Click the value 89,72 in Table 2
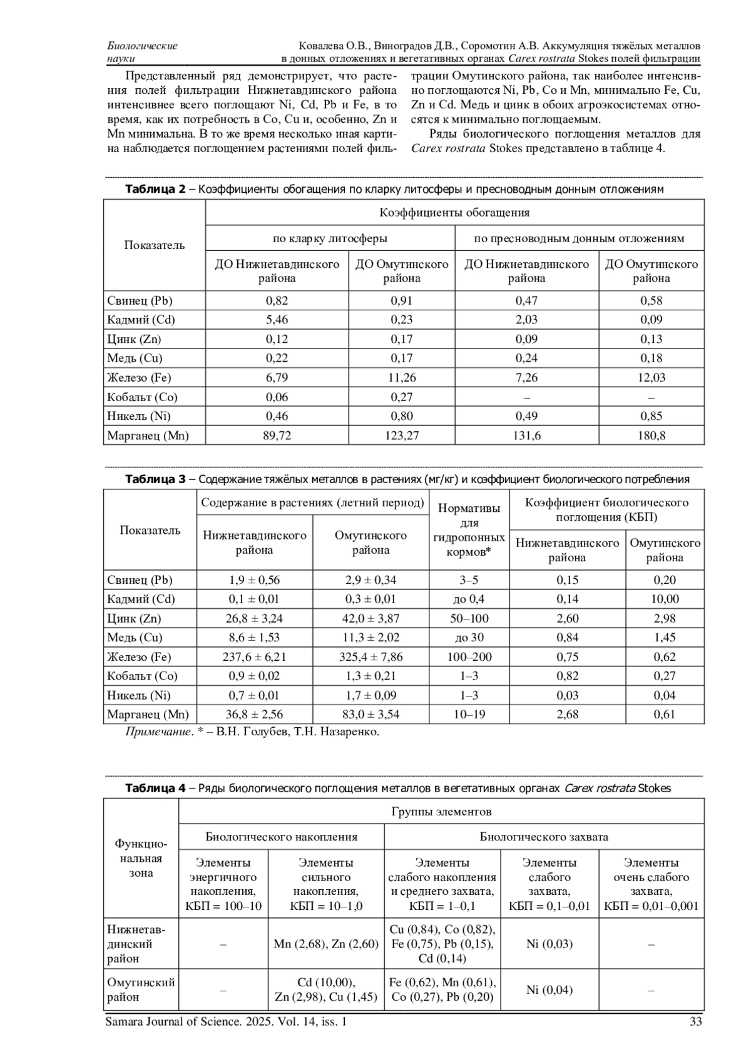(x=277, y=436)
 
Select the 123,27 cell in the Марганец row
(x=402, y=436)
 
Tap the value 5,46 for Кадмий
(x=277, y=320)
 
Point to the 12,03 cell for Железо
(x=651, y=377)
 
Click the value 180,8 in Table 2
(x=651, y=436)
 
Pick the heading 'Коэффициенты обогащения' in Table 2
(x=454, y=212)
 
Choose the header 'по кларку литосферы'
(x=330, y=238)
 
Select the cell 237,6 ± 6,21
(x=254, y=656)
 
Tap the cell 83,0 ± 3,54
(x=370, y=714)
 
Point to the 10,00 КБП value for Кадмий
(x=665, y=599)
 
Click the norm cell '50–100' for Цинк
(x=469, y=618)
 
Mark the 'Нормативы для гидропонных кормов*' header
(x=469, y=529)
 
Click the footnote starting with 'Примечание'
(x=252, y=732)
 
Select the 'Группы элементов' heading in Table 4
(x=441, y=812)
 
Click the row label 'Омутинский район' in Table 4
(x=141, y=989)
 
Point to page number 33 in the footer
(x=695, y=1022)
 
